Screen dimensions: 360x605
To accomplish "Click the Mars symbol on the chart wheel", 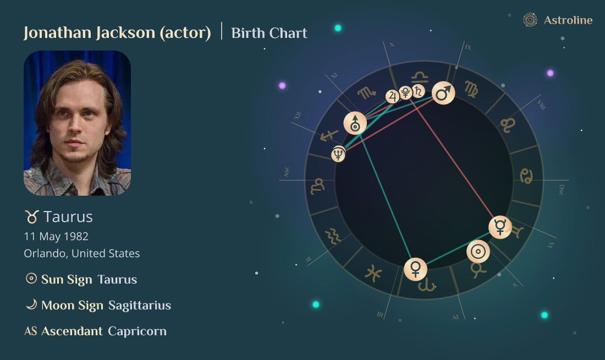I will tap(443, 93).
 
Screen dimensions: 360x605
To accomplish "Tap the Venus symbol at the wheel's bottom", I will tap(415, 269).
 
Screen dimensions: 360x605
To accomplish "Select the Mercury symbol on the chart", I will tap(500, 227).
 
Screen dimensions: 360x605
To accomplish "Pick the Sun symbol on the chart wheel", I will tap(478, 252).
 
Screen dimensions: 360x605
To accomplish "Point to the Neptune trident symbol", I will tap(338, 154).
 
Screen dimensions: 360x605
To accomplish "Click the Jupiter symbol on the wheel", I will tap(393, 97).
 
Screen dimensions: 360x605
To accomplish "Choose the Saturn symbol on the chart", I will tap(419, 92).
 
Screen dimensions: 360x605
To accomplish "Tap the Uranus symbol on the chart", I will tap(355, 123).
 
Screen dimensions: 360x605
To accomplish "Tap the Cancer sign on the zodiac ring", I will tap(526, 176).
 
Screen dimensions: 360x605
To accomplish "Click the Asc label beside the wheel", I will tap(286, 171).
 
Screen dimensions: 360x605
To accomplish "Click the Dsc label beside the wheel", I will tap(561, 190).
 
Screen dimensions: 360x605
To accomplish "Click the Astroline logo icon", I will tap(530, 20).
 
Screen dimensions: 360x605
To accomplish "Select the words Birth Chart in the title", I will tap(269, 33).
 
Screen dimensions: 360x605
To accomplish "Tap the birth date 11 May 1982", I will tap(56, 236).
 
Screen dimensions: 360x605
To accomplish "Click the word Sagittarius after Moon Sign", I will tap(140, 305).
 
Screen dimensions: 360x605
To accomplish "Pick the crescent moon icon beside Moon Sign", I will tap(31, 304).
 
